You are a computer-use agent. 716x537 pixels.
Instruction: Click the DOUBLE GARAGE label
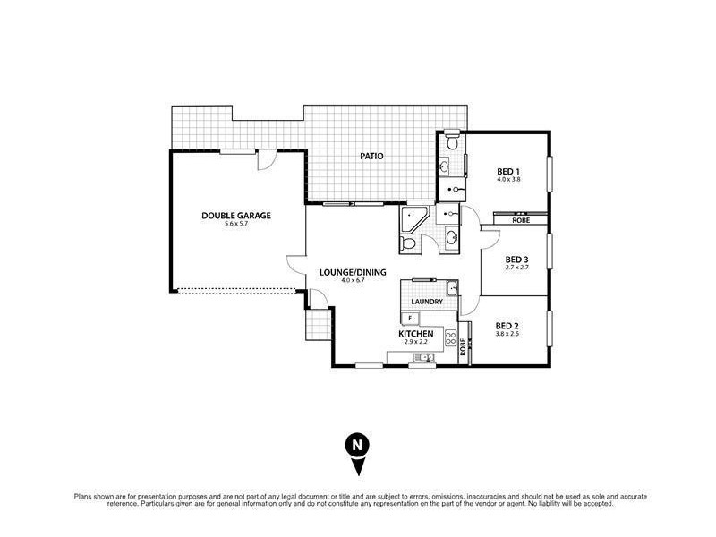pos(236,215)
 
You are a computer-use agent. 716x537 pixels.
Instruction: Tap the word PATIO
pos(371,156)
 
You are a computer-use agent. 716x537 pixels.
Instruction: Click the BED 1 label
pos(508,171)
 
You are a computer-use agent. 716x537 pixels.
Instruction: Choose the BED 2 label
pos(507,325)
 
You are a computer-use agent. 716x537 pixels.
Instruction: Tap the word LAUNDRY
pos(428,302)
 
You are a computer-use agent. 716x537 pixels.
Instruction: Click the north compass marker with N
pos(357,446)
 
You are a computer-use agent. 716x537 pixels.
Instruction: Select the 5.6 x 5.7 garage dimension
pos(236,225)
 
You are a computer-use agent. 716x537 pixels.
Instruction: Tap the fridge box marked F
pos(410,318)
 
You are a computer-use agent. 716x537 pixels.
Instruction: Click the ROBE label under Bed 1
pos(520,219)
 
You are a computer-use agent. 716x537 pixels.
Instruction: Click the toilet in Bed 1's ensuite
pos(454,141)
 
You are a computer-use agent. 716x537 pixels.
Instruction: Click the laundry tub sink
pos(452,288)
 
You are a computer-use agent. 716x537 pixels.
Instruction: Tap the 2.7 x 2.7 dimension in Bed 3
pos(518,268)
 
